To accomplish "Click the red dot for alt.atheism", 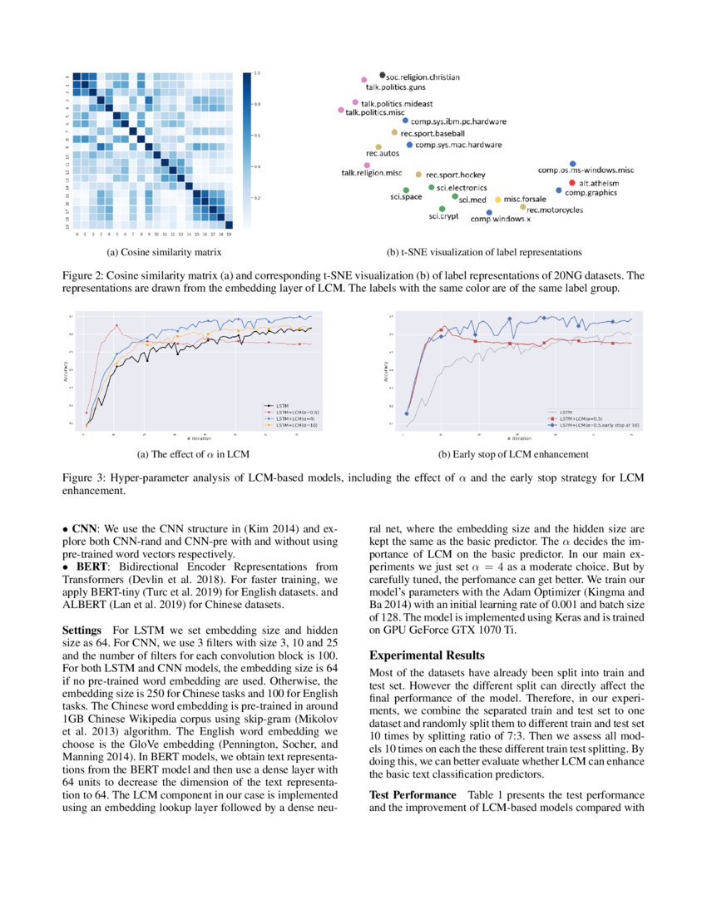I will pos(571,182).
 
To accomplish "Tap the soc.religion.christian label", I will pos(423,77).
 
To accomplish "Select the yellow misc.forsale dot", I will pos(498,200).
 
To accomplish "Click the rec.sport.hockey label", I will pos(455,176).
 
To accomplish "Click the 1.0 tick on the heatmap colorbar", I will pos(258,74).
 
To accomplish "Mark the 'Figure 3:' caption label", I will pos(87,477).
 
